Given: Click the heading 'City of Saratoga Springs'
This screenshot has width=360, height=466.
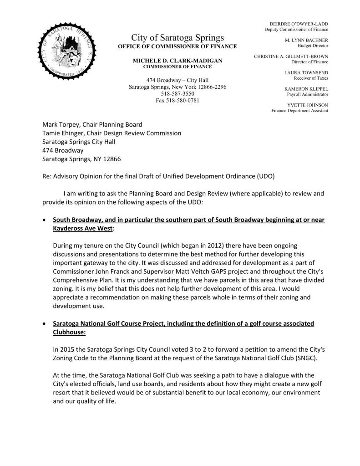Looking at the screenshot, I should pos(177,37).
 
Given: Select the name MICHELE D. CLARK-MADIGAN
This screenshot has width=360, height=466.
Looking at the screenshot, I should pos(177,61).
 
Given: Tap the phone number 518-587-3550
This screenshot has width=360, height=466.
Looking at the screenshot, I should pos(177,93).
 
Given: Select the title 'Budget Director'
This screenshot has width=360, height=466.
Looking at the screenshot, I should pos(313,46).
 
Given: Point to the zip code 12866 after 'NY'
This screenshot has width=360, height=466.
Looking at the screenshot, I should pos(112,159).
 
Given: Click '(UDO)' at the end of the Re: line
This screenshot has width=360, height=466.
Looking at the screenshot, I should pos(265,176).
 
